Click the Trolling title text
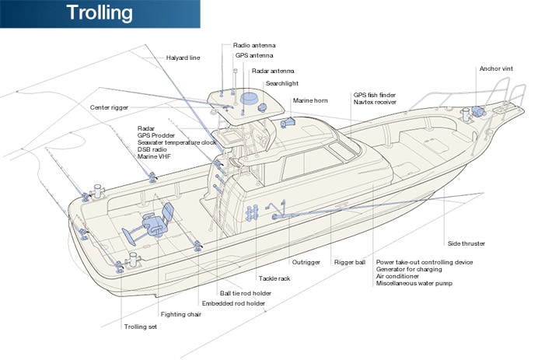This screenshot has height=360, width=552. (99, 13)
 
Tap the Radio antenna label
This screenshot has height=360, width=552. (254, 46)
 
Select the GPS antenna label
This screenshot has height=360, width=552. (254, 56)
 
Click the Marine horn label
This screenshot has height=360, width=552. (309, 101)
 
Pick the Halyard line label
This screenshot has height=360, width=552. (183, 58)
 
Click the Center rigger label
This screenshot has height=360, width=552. (109, 107)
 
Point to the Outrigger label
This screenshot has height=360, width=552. (306, 262)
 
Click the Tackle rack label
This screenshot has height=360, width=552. (274, 278)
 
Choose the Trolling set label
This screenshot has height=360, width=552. (141, 327)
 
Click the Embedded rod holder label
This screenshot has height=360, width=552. (233, 303)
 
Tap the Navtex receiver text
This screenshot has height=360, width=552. (375, 102)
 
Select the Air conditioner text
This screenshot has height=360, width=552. (398, 276)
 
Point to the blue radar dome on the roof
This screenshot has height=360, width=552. (250, 99)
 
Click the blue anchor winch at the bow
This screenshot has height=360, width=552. (476, 113)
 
